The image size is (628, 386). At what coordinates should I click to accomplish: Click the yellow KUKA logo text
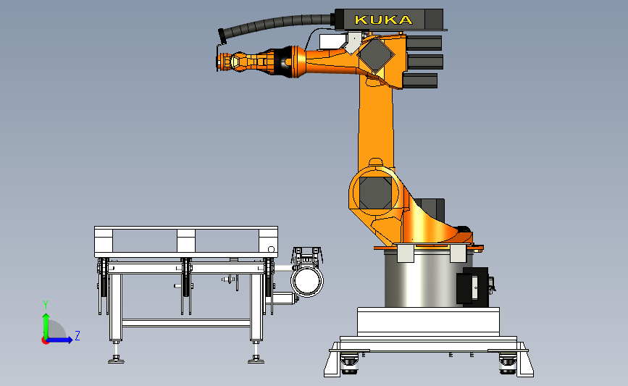click(383, 20)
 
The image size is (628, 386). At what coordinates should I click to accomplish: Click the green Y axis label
click(46, 305)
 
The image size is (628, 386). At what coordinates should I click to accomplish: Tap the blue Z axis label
click(78, 335)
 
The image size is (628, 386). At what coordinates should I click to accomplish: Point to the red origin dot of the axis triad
click(45, 341)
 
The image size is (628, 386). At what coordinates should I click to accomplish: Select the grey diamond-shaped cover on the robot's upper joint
click(375, 55)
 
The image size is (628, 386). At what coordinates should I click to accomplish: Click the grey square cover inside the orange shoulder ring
click(375, 193)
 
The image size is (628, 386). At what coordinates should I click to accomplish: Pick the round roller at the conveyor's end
click(307, 281)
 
